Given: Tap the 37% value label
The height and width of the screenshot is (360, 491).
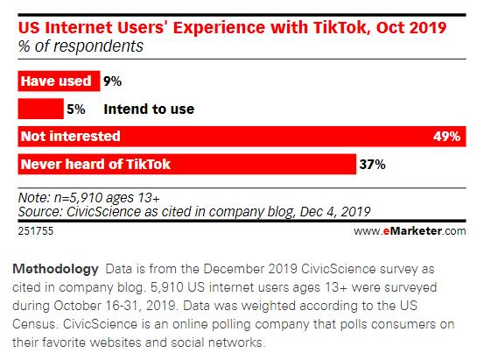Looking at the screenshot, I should pyautogui.click(x=373, y=164).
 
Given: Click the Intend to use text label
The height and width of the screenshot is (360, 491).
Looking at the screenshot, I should pyautogui.click(x=149, y=109).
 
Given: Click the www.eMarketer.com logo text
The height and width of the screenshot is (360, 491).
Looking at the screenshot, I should pyautogui.click(x=410, y=231).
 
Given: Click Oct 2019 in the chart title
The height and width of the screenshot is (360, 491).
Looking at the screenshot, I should pyautogui.click(x=415, y=29).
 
